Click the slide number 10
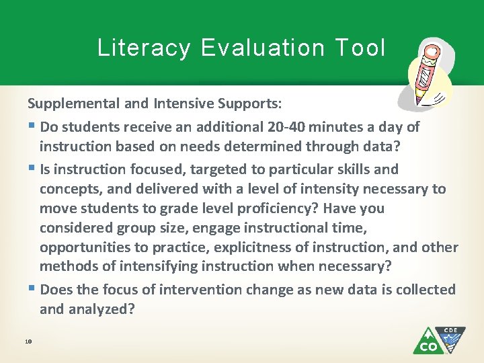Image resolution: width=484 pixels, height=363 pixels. point(28,342)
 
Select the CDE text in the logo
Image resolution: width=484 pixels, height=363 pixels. point(450,331)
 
